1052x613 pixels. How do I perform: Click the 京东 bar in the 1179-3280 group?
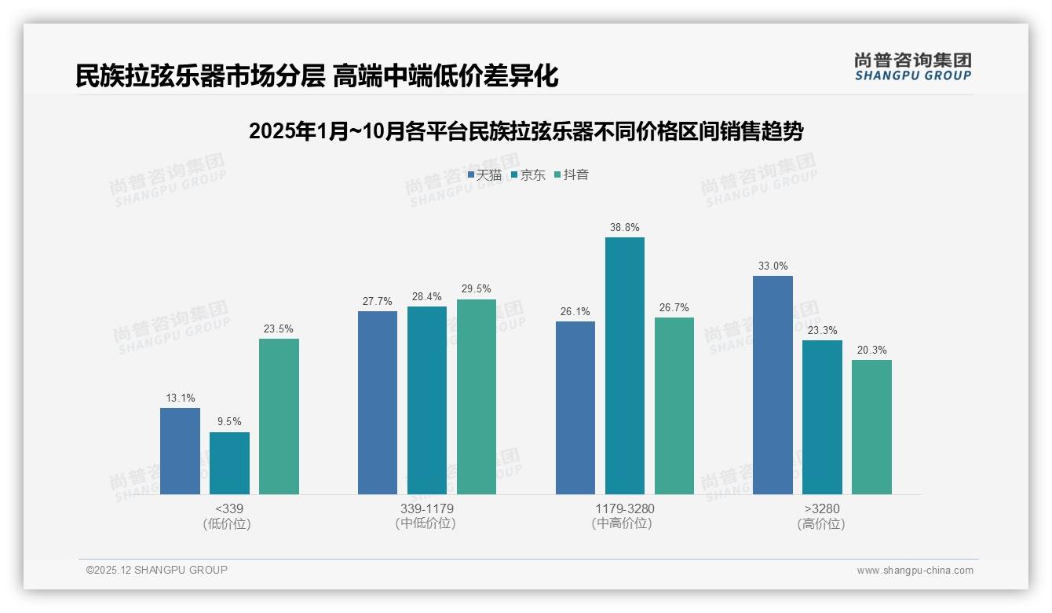click(x=624, y=365)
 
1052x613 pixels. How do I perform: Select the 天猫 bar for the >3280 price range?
click(x=773, y=385)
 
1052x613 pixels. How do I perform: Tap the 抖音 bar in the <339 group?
click(x=279, y=417)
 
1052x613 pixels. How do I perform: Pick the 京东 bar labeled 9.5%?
click(x=229, y=463)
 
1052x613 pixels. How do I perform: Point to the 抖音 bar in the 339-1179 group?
click(x=477, y=397)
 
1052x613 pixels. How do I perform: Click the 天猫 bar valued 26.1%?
click(x=575, y=408)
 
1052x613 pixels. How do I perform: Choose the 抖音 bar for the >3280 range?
click(x=871, y=427)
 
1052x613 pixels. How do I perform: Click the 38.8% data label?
click(x=624, y=228)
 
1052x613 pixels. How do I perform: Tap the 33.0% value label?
click(x=773, y=266)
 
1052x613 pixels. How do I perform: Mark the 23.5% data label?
click(x=279, y=329)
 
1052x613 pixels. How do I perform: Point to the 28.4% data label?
click(x=427, y=297)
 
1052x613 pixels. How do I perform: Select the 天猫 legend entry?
click(x=484, y=175)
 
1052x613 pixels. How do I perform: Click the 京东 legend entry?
click(x=528, y=175)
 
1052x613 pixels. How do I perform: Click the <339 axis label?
click(x=228, y=509)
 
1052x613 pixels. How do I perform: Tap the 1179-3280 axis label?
click(x=624, y=509)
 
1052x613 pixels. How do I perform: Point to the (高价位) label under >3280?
click(x=821, y=524)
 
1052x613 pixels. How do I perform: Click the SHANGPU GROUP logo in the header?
click(x=912, y=67)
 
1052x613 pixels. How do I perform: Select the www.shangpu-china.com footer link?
click(x=915, y=571)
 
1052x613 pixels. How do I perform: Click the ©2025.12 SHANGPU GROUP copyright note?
click(x=157, y=570)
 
